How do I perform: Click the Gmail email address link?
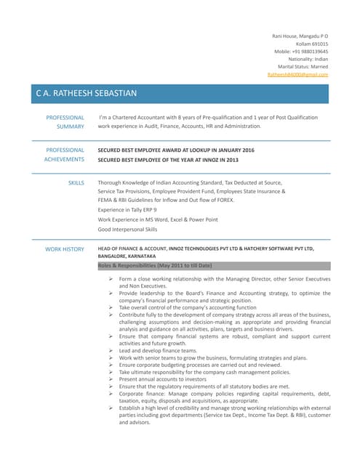[298, 74]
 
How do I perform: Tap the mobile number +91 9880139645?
[301, 52]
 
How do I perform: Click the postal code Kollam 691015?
[311, 44]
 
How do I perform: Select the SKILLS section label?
[76, 183]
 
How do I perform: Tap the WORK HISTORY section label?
[65, 249]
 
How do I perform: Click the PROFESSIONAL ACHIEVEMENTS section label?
[64, 154]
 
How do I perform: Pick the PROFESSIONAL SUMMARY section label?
[65, 121]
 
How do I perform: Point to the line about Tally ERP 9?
[127, 209]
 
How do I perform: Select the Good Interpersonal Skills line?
[127, 229]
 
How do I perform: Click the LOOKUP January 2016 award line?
[176, 150]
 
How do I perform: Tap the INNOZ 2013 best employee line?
[168, 159]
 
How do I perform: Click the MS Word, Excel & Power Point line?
[158, 219]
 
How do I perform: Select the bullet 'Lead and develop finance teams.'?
[158, 350]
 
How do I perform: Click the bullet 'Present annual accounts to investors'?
[163, 379]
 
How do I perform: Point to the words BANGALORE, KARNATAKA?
[127, 256]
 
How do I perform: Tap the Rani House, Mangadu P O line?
[300, 36]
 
